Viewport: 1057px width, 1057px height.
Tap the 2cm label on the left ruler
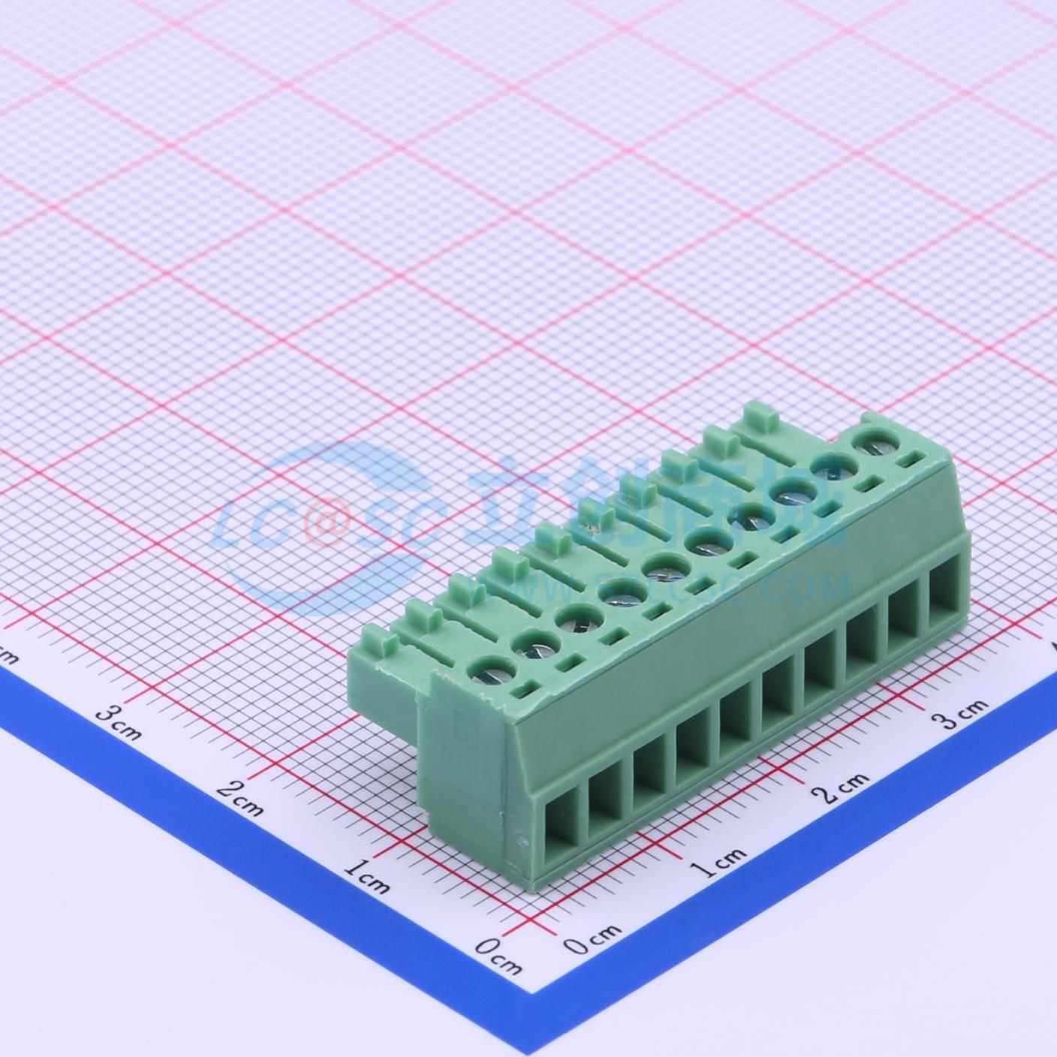pos(240,799)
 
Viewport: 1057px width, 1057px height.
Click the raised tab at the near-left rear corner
pos(381,645)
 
